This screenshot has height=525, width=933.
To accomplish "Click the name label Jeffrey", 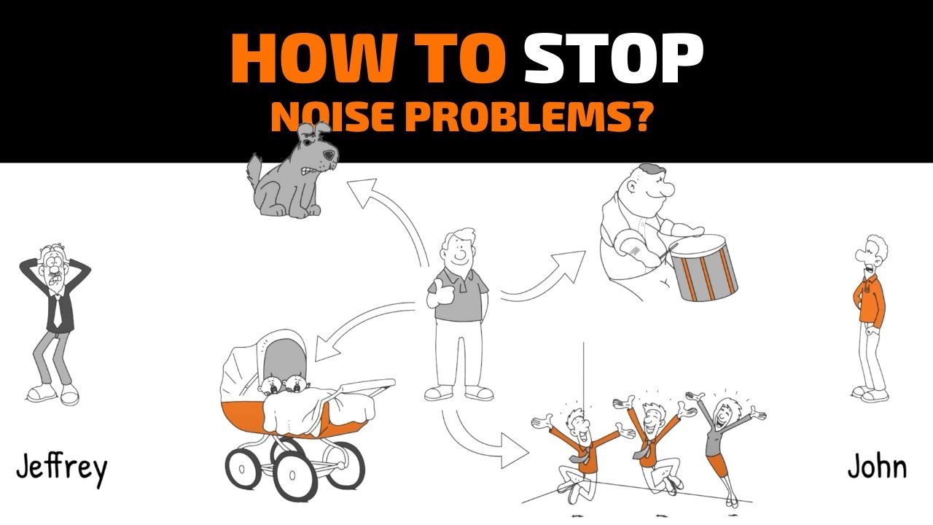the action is point(62,470).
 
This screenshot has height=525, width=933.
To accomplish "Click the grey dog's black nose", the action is point(329,156).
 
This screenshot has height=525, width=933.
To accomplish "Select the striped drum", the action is point(704,268).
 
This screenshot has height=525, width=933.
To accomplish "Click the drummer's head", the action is point(649,186).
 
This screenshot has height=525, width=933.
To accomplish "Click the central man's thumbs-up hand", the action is point(437,294).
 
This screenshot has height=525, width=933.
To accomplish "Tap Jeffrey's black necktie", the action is point(57,311).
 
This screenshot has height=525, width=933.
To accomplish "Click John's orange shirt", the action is point(870,299).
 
